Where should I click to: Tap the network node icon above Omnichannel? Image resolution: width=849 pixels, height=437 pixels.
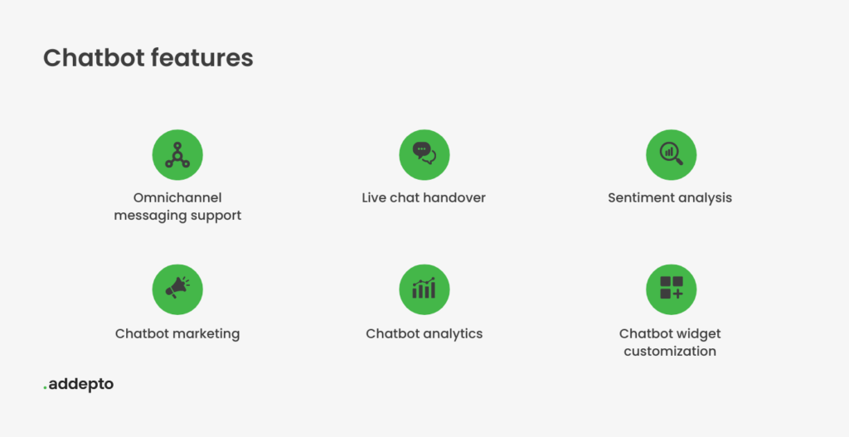click(x=177, y=155)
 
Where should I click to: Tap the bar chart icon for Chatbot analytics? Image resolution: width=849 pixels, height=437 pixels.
click(x=424, y=289)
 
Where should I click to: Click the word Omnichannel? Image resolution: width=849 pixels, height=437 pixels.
click(x=177, y=197)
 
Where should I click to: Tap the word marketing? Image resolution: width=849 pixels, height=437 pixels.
click(x=209, y=334)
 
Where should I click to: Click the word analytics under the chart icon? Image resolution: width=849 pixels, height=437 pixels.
click(x=454, y=334)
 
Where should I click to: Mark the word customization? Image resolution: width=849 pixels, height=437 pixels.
click(x=670, y=352)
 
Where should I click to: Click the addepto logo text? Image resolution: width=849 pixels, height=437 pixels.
click(x=81, y=385)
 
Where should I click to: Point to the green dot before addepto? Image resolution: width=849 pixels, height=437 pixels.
click(x=45, y=388)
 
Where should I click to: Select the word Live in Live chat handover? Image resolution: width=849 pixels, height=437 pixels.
click(x=372, y=197)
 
